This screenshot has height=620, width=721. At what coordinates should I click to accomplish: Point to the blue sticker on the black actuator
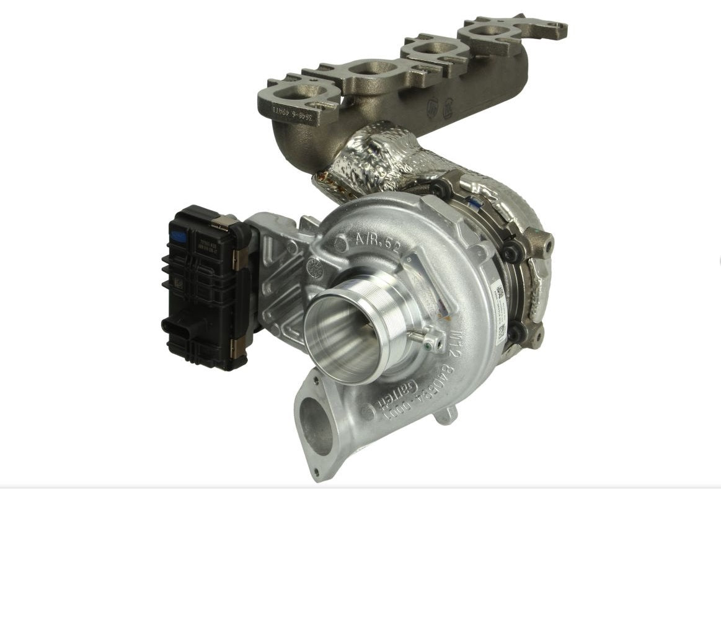(178, 236)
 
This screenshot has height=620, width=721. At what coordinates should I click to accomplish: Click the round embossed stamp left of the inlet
(316, 268)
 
